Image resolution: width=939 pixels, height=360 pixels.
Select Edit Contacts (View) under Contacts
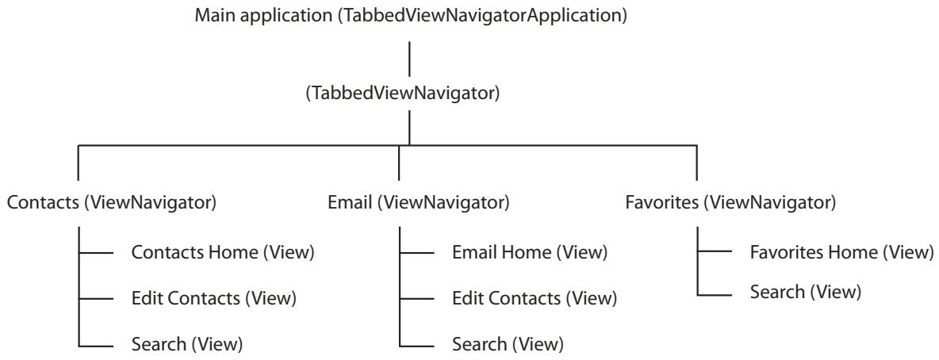[213, 298]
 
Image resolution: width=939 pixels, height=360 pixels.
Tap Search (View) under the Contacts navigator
[186, 344]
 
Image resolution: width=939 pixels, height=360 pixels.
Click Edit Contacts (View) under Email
[535, 299]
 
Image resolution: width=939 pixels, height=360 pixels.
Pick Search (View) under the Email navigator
[508, 344]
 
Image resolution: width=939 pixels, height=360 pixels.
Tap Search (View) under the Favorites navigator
[805, 293]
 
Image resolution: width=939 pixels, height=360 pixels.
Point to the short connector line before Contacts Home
[97, 253]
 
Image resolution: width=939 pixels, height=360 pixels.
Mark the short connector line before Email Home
[416, 253]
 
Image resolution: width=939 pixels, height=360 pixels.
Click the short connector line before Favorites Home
[715, 253]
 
